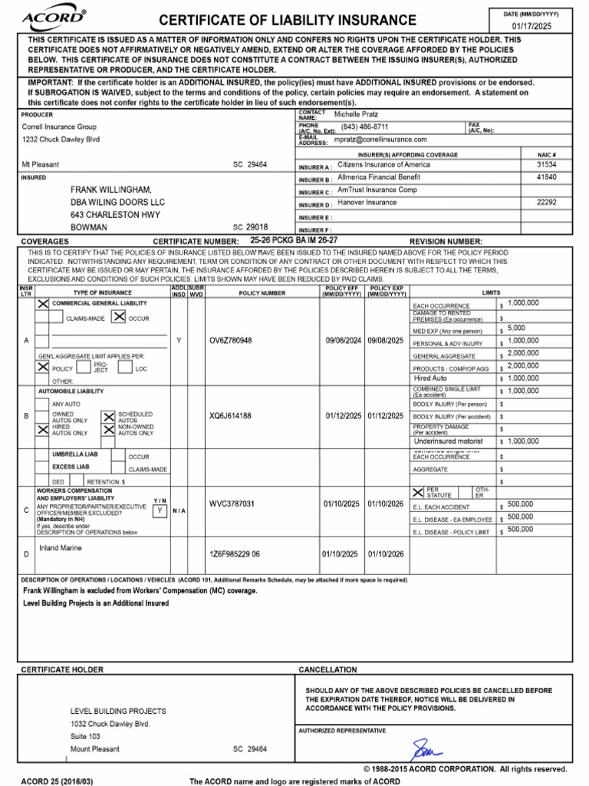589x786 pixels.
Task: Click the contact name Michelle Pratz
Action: (357, 114)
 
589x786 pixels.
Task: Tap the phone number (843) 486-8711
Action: (365, 127)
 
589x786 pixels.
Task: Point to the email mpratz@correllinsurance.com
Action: (380, 140)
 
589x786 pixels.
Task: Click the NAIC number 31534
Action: (547, 164)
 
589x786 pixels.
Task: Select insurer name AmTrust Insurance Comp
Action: (377, 190)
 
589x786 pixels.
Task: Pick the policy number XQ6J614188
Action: (231, 416)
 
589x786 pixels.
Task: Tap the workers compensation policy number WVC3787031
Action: (232, 504)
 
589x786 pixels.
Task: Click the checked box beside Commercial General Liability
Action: (43, 304)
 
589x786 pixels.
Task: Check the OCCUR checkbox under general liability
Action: (119, 317)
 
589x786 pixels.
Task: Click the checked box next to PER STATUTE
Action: (418, 492)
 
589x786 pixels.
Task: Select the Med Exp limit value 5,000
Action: (518, 328)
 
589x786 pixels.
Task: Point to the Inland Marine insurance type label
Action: (61, 548)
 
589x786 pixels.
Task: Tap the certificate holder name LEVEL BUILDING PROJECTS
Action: (118, 711)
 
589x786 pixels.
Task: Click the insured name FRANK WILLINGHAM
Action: (111, 190)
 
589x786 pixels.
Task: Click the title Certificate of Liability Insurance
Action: (288, 20)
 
